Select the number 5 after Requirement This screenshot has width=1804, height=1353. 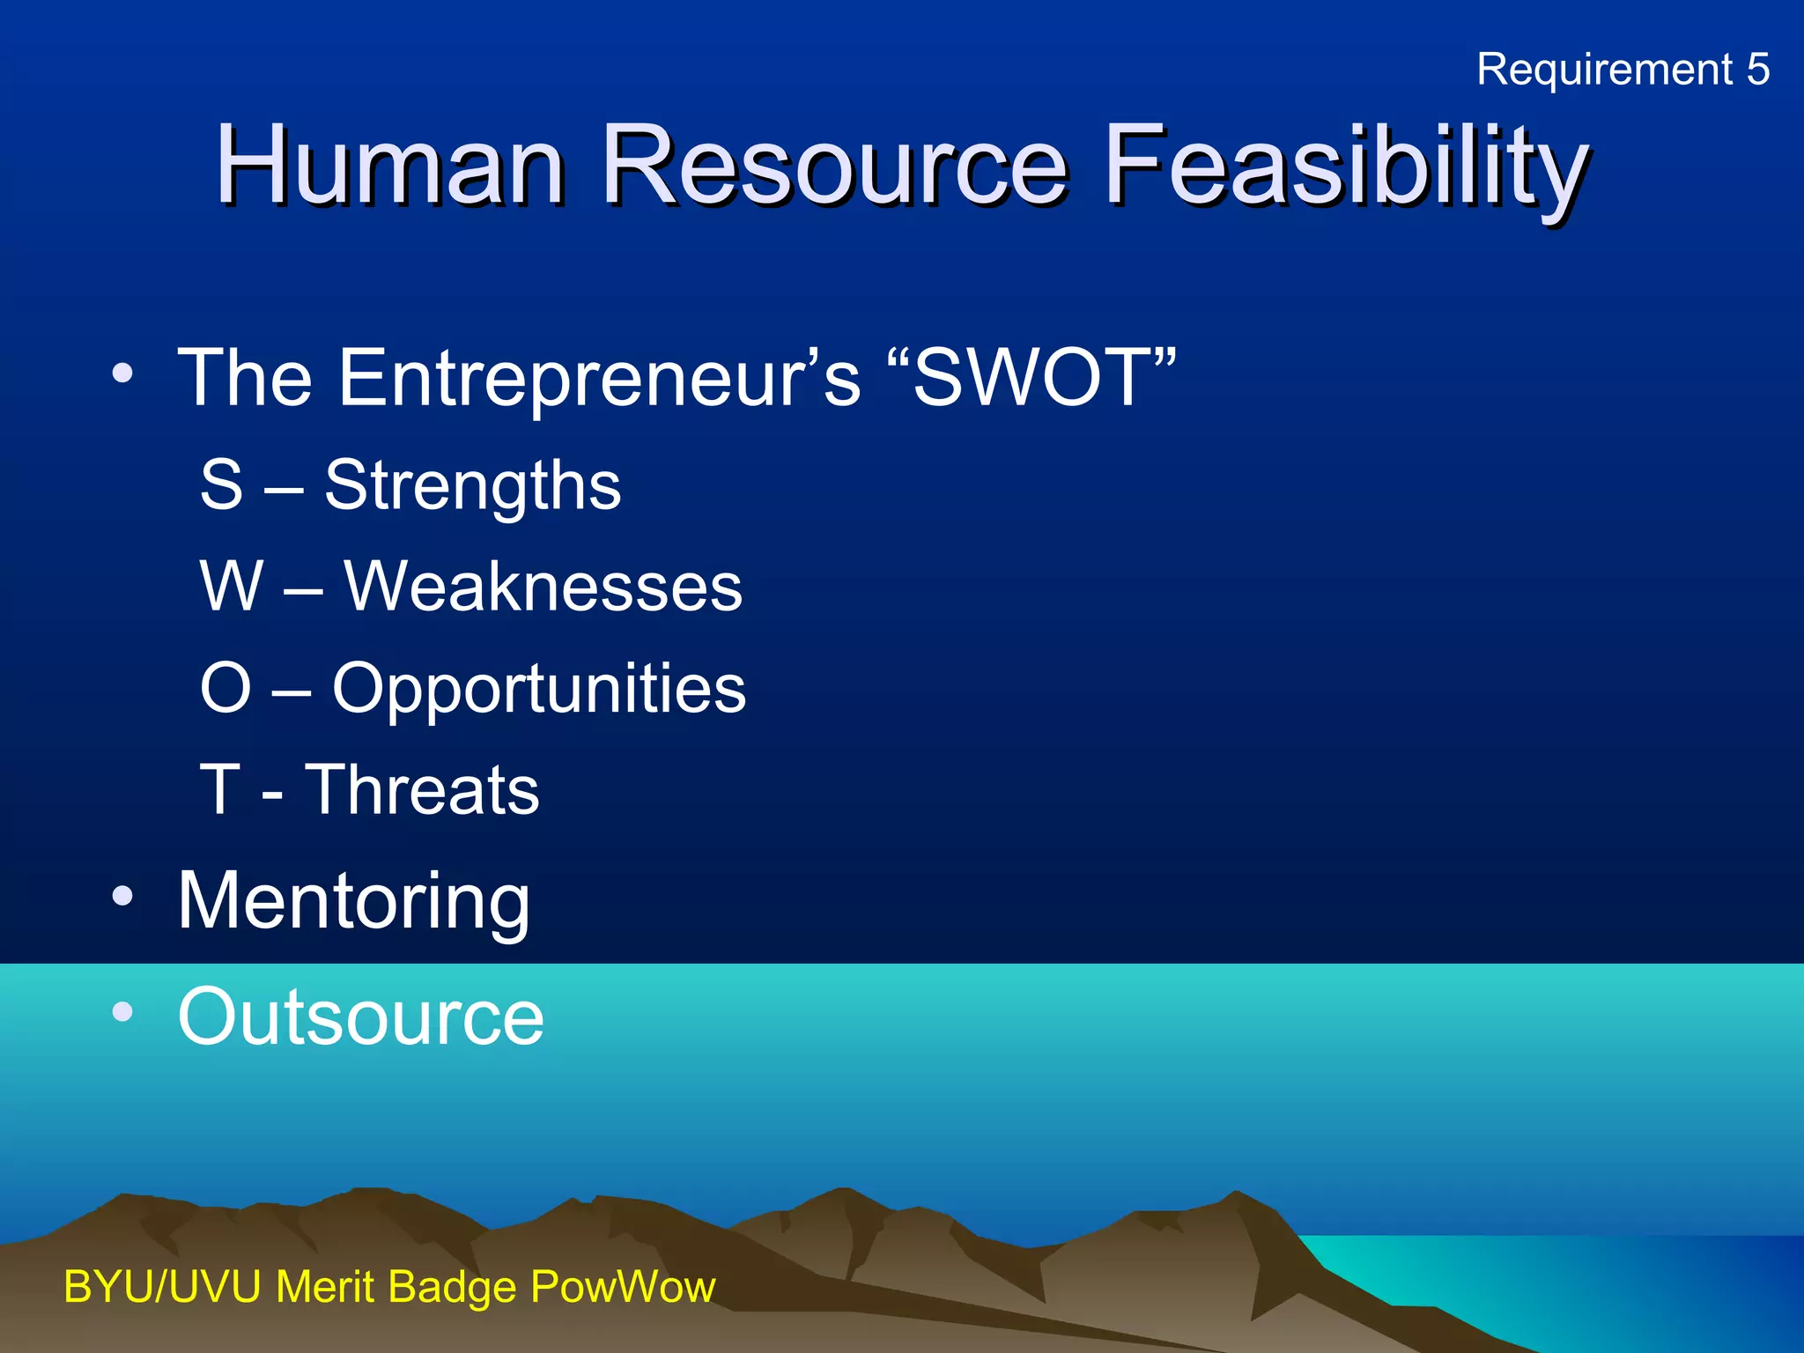coord(1758,69)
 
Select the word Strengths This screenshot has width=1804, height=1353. coord(473,485)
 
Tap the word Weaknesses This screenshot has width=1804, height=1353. coord(543,587)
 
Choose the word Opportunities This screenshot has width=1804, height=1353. coord(539,689)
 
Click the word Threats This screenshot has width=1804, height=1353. coord(422,790)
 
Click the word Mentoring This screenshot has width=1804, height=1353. coord(354,900)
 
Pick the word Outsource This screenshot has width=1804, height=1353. coord(361,1017)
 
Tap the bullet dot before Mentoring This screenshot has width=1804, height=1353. coord(122,898)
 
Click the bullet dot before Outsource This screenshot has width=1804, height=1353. coord(122,1013)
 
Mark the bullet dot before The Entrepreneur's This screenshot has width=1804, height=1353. coord(122,373)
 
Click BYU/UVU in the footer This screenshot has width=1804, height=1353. coord(162,1287)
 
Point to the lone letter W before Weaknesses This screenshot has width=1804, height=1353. coord(232,587)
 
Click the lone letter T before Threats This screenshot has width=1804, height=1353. coord(220,790)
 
